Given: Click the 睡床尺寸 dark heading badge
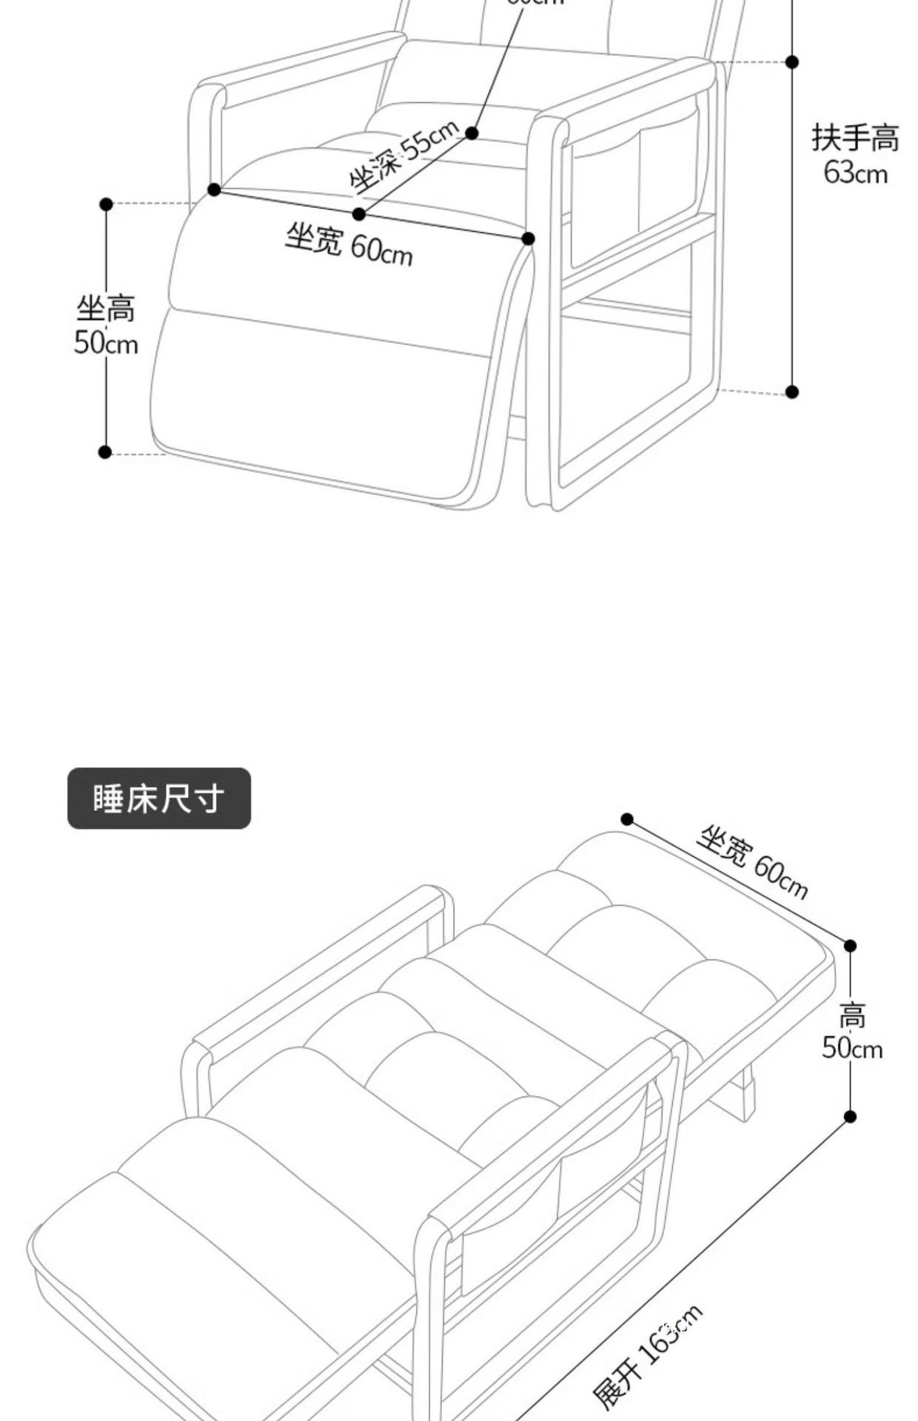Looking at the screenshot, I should (158, 798).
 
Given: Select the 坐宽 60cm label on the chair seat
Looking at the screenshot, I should (349, 244).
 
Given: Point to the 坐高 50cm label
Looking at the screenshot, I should (106, 326).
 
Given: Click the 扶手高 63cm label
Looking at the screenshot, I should (855, 154).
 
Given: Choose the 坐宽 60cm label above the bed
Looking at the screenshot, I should (751, 862).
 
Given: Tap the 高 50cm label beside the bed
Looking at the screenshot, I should (852, 1032).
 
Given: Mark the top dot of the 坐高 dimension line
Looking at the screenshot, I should (106, 204).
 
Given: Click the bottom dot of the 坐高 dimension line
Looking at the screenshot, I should (105, 451).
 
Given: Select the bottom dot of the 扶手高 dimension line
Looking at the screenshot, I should (792, 392).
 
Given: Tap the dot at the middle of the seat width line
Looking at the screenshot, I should (359, 214).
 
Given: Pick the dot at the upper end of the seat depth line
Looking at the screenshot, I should (472, 133).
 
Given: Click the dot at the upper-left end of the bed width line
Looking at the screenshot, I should (627, 819).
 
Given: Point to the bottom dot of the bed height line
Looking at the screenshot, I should (850, 1116).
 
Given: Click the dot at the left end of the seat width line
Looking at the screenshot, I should (214, 189).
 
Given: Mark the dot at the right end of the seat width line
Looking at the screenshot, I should (528, 238).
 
